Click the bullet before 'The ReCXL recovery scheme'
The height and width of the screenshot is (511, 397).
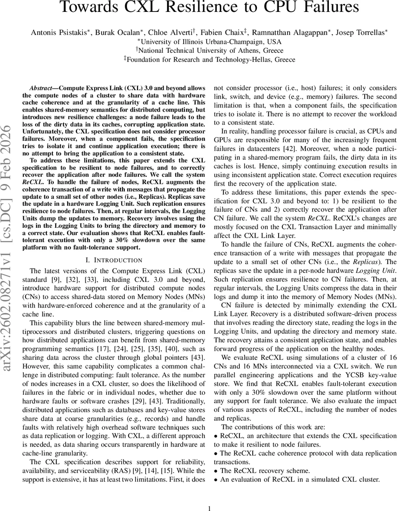coord(216,471)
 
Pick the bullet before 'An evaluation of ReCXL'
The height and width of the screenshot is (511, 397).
coord(216,479)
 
